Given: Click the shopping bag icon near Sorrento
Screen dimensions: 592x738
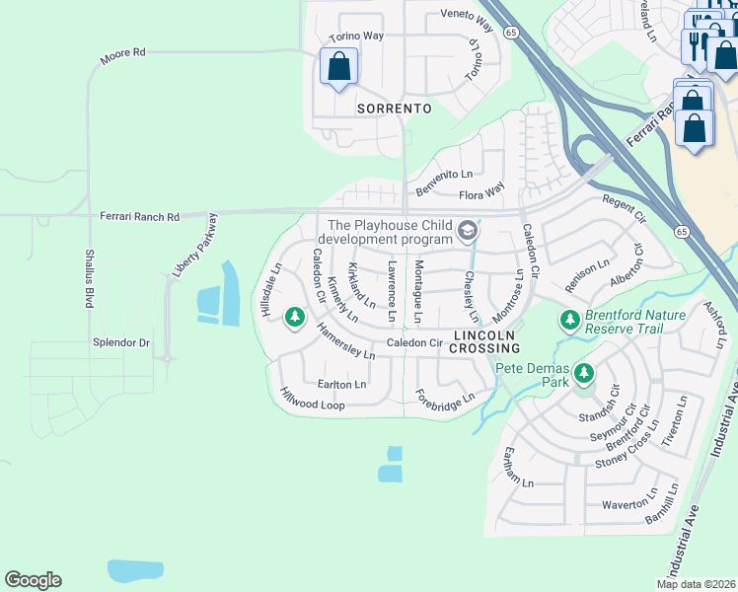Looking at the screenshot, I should click(x=338, y=67).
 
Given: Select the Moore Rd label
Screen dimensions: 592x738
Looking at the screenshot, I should click(x=122, y=57).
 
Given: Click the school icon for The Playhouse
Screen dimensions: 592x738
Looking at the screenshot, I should click(x=468, y=233).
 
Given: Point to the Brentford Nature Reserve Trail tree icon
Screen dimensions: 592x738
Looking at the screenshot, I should click(x=569, y=320).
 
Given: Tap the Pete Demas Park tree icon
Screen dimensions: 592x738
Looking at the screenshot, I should click(x=585, y=373).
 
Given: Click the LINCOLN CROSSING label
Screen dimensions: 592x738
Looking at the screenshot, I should click(x=485, y=341).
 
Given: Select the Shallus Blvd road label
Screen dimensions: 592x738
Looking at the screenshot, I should click(x=89, y=277).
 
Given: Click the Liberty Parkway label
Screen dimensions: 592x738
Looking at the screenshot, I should click(x=194, y=246).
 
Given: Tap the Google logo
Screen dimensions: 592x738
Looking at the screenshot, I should click(x=33, y=580).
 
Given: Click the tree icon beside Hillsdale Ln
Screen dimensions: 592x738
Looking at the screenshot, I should click(x=293, y=318).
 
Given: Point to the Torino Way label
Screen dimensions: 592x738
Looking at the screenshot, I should click(x=356, y=37).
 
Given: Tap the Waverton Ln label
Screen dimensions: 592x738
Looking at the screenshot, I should click(x=628, y=503).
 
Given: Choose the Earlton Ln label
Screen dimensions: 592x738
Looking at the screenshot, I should click(x=341, y=384).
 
